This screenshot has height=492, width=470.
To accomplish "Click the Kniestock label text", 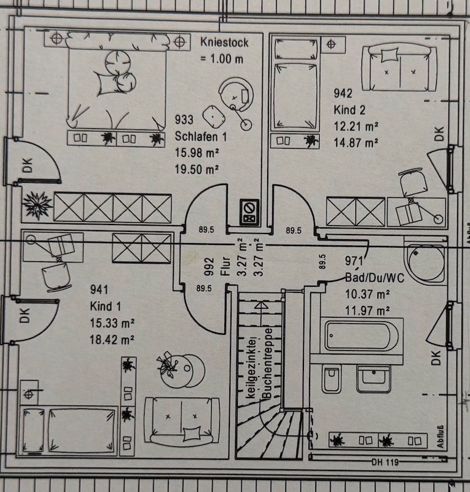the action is coord(224,42).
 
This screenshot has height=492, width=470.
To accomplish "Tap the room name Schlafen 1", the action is coord(201,136).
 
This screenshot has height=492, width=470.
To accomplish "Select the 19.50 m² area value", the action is coord(197,170).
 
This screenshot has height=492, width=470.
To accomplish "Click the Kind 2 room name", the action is coord(349,110).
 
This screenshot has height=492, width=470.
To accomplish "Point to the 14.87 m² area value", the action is coord(356,143).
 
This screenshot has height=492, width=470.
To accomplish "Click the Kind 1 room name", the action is coord(105,307).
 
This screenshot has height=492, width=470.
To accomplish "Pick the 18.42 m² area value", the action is coord(112,339).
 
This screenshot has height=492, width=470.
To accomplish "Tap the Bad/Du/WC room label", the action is coord(375,278).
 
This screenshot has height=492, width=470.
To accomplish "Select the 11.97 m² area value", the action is coord(367,310).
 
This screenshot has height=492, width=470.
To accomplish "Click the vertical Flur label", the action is coord(225,266).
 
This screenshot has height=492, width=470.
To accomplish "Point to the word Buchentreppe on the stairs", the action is coord(268,364).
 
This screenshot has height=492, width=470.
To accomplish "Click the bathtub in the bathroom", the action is coord(362,336).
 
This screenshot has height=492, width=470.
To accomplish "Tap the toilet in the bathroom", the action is coord(332,379).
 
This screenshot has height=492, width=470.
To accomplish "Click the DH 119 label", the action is coord(385,462).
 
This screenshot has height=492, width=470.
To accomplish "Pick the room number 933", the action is coord(184,119).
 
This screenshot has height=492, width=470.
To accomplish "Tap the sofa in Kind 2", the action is coord(399,68).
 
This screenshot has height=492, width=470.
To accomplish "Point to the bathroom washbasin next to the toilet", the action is coord(373,379).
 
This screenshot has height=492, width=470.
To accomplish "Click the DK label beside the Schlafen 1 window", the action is coord(28,165).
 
